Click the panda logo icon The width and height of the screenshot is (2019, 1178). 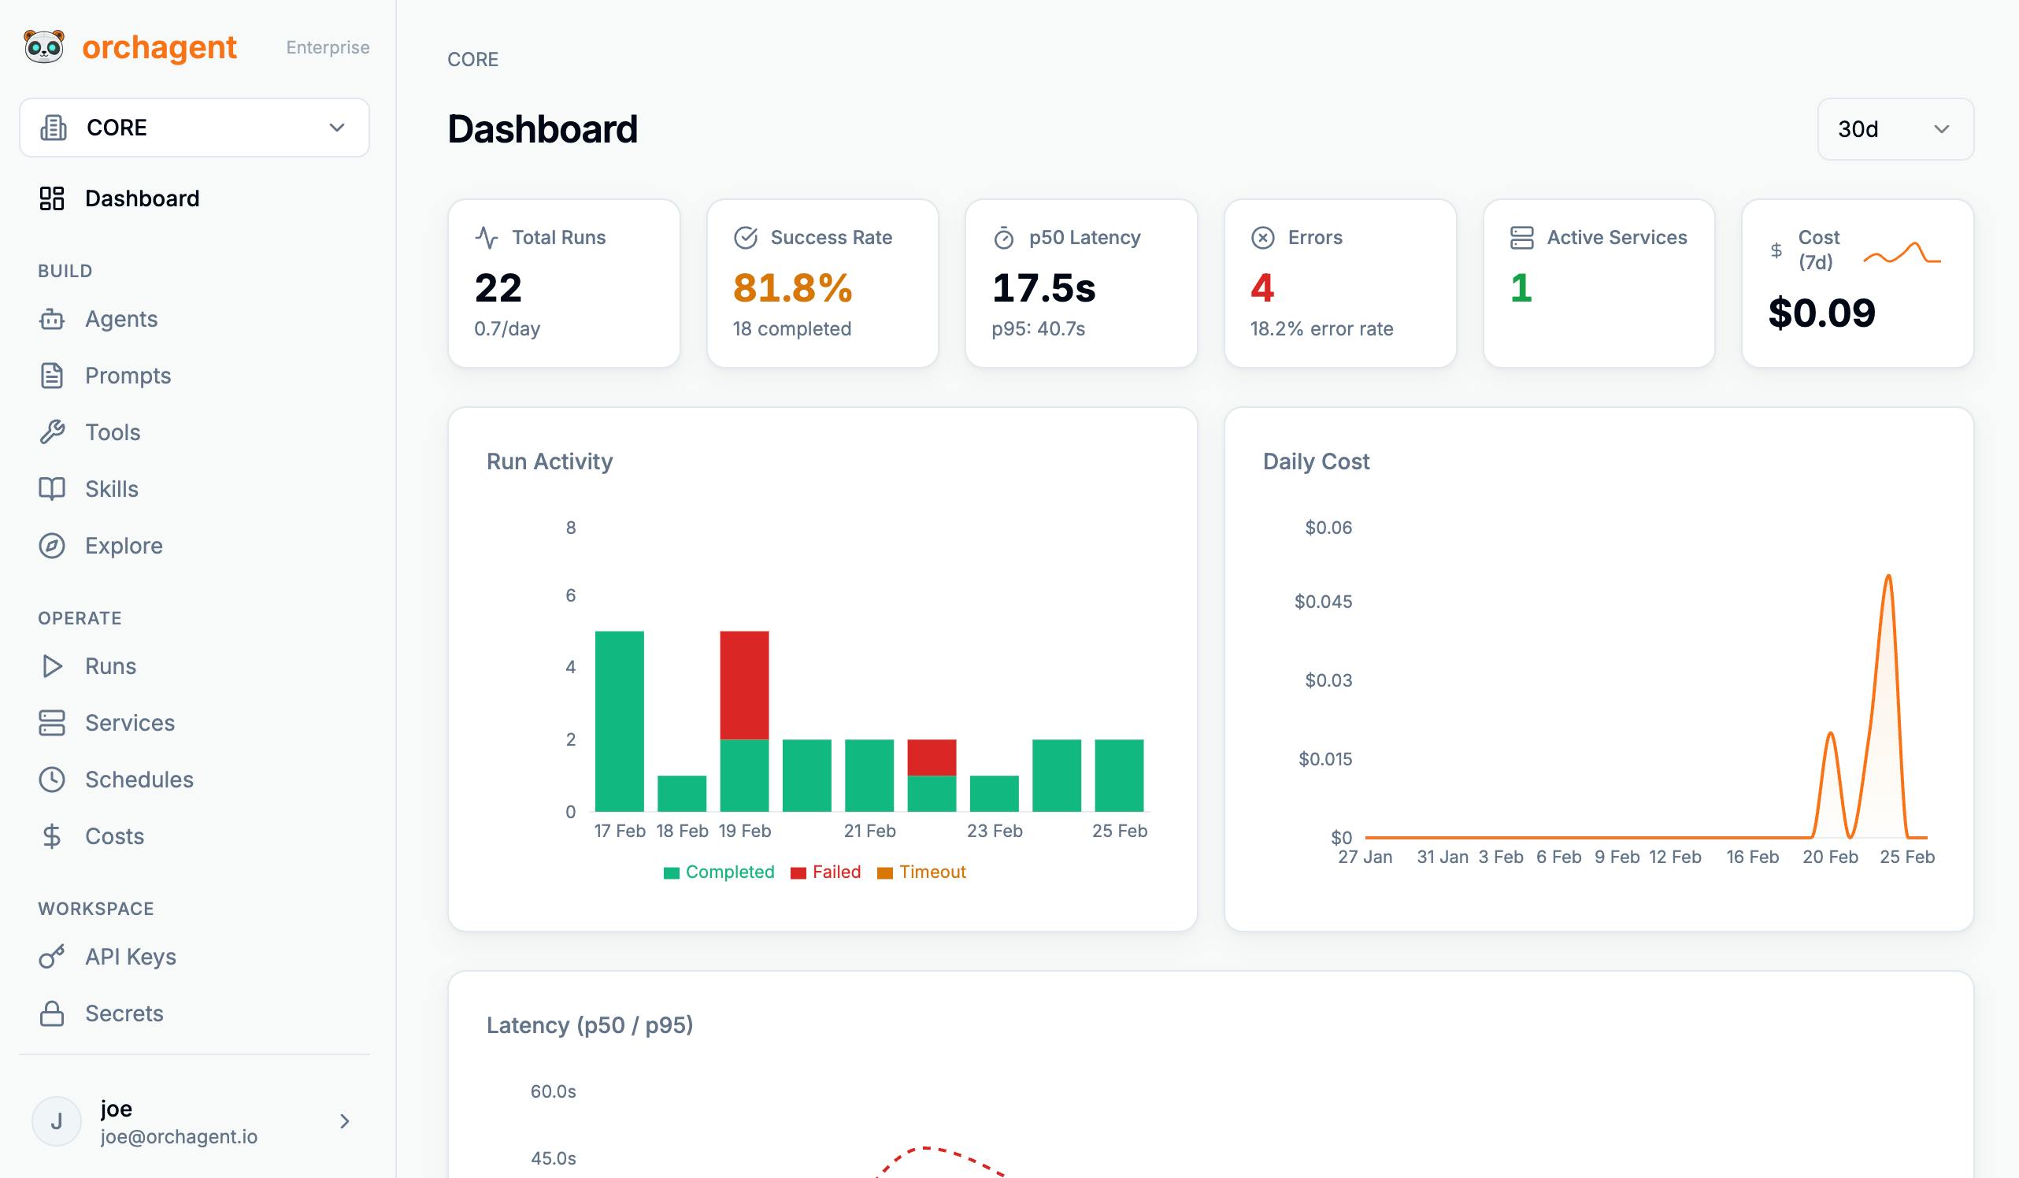pos(44,46)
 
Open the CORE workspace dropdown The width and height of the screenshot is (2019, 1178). pos(194,128)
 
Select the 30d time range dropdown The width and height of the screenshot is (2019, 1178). pos(1895,129)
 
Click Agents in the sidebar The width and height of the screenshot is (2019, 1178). pos(121,319)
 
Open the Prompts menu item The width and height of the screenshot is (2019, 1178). pos(128,376)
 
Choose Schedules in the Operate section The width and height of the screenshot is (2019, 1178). pos(139,780)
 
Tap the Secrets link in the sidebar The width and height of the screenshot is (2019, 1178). pos(124,1013)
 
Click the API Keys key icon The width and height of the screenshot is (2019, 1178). pos(52,957)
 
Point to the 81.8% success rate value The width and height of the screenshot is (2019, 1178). pos(792,287)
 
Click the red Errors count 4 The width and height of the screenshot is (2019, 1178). pos(1261,287)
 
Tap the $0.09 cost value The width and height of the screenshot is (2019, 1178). pos(1821,313)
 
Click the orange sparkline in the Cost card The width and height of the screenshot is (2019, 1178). pos(1901,254)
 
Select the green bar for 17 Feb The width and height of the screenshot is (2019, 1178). pos(619,721)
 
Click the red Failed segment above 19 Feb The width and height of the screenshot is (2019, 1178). pos(744,685)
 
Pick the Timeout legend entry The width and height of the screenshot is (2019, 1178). pos(921,872)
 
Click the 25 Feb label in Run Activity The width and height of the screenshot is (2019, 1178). pos(1119,831)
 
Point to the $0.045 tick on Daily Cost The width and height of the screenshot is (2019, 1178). pos(1323,602)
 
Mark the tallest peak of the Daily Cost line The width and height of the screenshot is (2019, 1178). pos(1888,576)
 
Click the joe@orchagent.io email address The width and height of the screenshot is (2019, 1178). pos(179,1136)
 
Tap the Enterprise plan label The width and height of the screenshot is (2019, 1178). pos(328,47)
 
